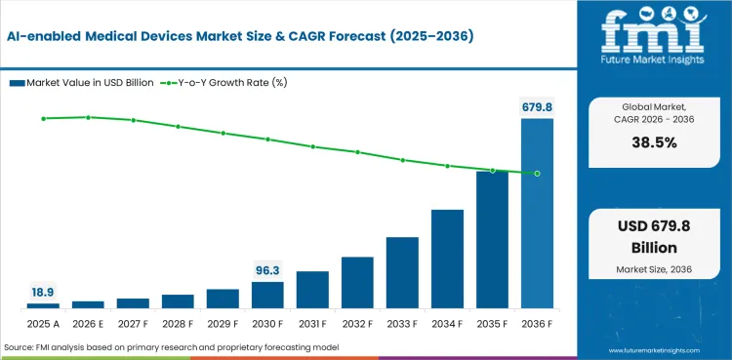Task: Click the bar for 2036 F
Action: [537, 214]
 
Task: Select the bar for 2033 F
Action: [402, 273]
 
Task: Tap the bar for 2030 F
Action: [267, 295]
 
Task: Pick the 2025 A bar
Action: [43, 305]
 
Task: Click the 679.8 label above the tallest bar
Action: [537, 107]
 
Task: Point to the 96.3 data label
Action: [267, 270]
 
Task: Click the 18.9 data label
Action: [43, 293]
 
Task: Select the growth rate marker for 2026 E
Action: [88, 117]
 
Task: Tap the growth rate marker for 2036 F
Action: [537, 174]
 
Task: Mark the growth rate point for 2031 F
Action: [312, 146]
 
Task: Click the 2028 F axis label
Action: [178, 324]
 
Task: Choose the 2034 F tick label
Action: [447, 324]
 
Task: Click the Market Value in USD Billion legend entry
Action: [82, 83]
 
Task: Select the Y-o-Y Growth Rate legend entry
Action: [224, 83]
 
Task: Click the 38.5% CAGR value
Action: [654, 142]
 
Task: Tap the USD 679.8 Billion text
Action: [654, 237]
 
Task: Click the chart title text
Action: [240, 37]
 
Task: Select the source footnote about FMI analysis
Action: [172, 347]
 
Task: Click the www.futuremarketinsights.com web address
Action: [654, 350]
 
